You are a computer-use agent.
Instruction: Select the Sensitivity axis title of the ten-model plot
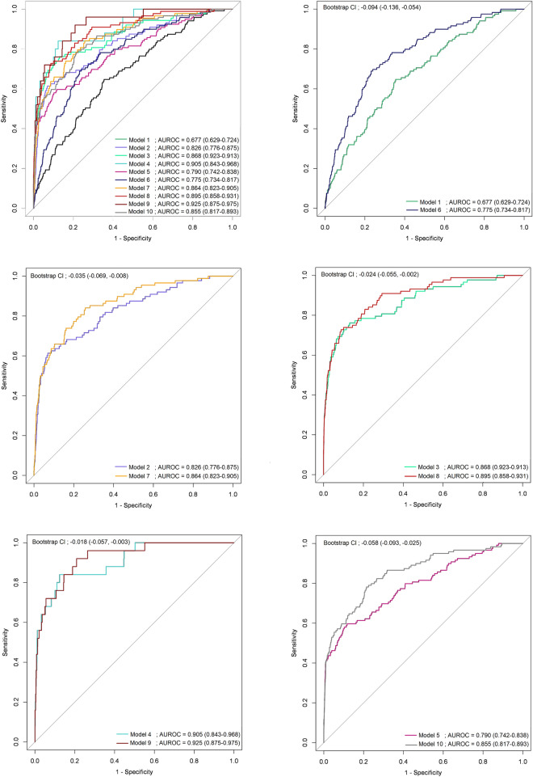[6, 110]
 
